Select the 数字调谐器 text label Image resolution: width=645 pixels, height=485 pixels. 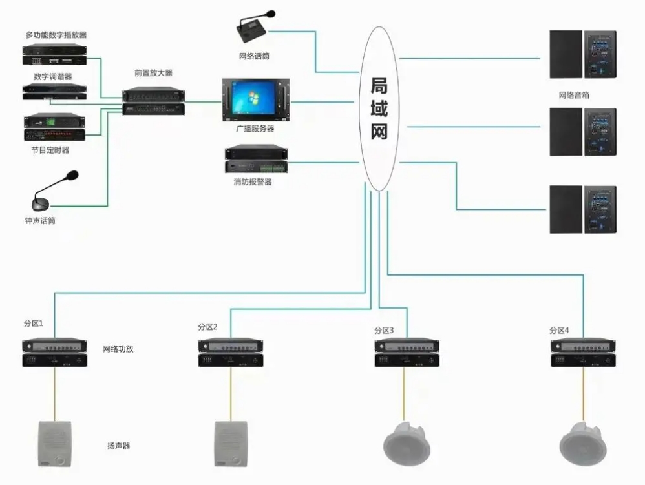(53, 76)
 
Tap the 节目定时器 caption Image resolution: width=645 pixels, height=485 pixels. (50, 150)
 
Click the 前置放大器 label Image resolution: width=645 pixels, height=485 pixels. (153, 74)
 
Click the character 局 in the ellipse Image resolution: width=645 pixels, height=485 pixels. (379, 86)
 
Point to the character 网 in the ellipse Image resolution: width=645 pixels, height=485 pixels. (379, 132)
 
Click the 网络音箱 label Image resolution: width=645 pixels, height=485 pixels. (574, 95)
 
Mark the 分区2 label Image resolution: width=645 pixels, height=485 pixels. (207, 327)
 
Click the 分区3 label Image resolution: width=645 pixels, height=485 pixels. (383, 331)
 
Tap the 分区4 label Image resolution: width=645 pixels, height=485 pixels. (559, 331)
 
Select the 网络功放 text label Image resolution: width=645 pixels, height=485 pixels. (118, 349)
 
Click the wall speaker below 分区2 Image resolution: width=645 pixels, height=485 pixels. (231, 443)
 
